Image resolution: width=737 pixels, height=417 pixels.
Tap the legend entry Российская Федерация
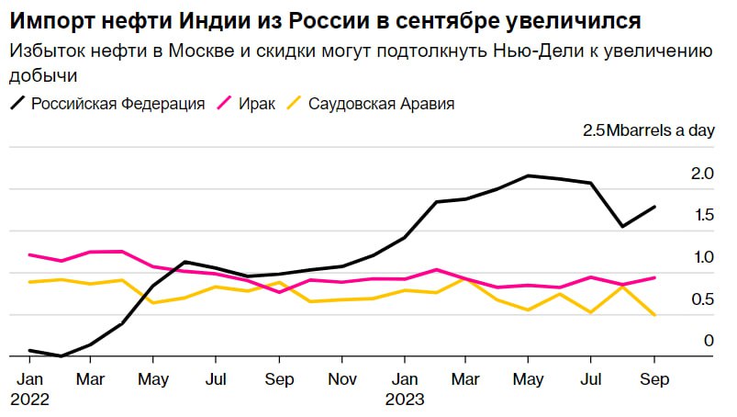117,104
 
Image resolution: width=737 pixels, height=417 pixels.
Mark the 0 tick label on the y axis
708,341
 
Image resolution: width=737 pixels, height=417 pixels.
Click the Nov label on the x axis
341,378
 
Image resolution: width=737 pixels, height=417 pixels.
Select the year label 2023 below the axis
404,399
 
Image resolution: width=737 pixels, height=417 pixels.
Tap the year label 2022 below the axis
30,399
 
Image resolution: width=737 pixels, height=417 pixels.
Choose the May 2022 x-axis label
153,378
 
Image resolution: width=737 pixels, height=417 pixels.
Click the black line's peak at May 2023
529,175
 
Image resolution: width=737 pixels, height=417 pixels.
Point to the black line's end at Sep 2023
654,207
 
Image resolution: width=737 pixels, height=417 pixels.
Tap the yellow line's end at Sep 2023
654,315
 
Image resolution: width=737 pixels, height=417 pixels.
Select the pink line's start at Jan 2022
29,254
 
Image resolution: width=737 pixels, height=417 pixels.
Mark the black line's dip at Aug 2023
622,226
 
